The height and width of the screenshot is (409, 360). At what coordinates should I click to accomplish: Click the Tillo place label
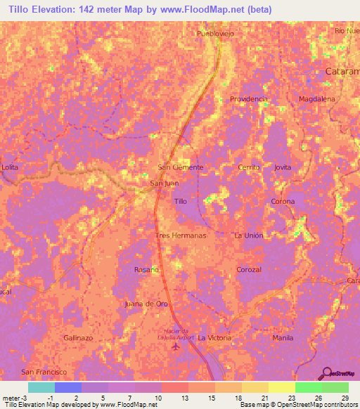coord(181,201)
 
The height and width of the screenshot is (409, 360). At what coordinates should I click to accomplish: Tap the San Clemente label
coord(180,167)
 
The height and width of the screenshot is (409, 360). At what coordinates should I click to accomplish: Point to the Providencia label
coord(249,99)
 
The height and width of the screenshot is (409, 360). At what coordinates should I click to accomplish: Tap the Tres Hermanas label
coord(181,235)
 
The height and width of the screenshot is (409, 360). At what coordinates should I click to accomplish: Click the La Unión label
coord(248,235)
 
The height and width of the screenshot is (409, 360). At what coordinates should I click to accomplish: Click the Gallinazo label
coord(78,337)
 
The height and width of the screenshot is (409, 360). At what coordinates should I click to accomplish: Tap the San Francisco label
coord(44,371)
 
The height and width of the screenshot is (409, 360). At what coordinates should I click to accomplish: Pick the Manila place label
coord(283,337)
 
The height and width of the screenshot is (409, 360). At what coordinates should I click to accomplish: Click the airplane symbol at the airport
coord(176,349)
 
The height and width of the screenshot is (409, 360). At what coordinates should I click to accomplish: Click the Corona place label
coord(283,202)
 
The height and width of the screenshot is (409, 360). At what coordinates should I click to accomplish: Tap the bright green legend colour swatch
coord(308,387)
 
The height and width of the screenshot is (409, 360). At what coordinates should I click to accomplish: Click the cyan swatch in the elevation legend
coord(41,387)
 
